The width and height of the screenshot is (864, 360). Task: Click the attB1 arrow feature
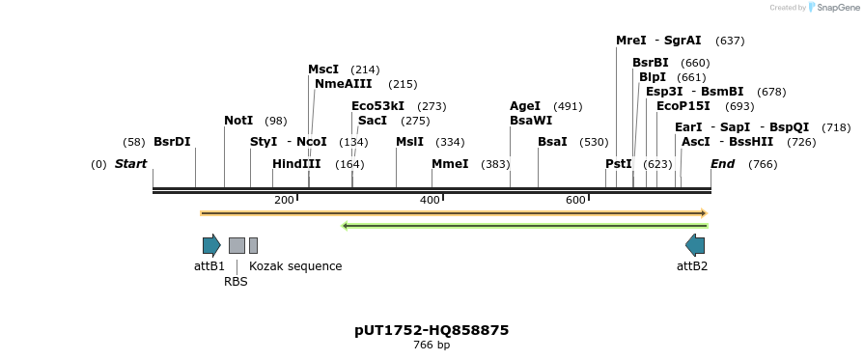coord(211,245)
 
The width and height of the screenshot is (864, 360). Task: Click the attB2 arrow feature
coord(695,245)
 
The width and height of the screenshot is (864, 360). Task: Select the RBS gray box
coord(237,245)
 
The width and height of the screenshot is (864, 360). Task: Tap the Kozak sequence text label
coord(295,266)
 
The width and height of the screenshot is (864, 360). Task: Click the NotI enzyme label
coord(238,121)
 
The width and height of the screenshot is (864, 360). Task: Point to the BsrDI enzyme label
coord(172,142)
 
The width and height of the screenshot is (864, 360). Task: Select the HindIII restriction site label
coord(296,164)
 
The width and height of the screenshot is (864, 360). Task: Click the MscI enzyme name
coord(323,69)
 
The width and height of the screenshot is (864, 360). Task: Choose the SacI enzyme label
coord(372,121)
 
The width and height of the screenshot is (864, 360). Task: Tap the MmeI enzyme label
coord(450,164)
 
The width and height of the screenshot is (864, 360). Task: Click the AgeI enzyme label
coord(525,106)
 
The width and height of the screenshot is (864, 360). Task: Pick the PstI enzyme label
coord(619,164)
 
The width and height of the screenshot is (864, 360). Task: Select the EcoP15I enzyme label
coord(683,106)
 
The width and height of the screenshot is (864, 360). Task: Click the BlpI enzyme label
coord(653,77)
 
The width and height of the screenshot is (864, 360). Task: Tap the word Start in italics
coord(130,164)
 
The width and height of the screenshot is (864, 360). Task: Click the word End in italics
coord(722,164)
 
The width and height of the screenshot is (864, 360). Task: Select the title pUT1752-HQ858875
coord(432,330)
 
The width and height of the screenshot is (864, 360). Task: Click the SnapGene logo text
coord(837,8)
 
